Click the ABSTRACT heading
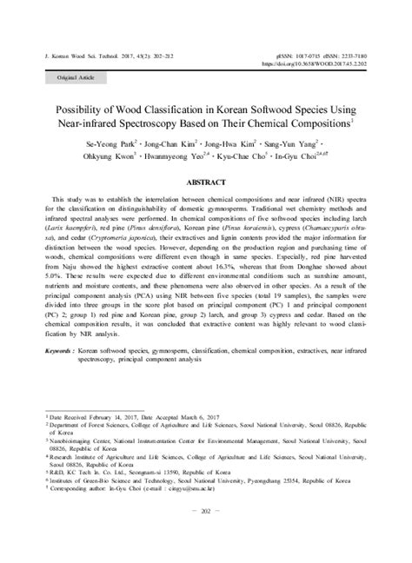pyautogui.click(x=206, y=183)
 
